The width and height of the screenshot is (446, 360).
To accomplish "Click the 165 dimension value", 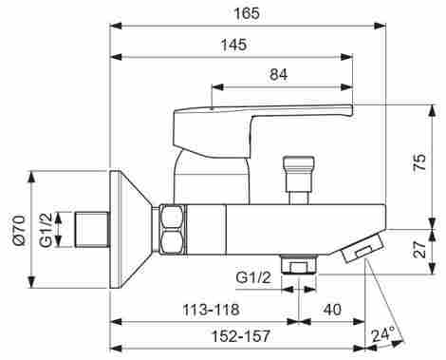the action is tap(247, 14).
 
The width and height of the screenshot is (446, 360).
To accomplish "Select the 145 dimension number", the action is tap(234, 45).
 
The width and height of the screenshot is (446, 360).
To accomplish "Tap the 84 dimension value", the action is tap(279, 75).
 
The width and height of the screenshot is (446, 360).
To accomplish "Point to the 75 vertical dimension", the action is tap(419, 162).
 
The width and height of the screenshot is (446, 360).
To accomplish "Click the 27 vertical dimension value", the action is tap(420, 249).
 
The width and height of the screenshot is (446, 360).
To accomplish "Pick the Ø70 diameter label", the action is tap(19, 230).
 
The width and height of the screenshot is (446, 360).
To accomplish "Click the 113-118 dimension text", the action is tap(211, 310).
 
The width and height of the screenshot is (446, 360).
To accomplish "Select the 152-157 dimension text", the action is tap(241, 336).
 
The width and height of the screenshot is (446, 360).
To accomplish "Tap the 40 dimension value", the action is tap(332, 310).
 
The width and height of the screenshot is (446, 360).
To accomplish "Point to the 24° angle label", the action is tap(383, 335).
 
